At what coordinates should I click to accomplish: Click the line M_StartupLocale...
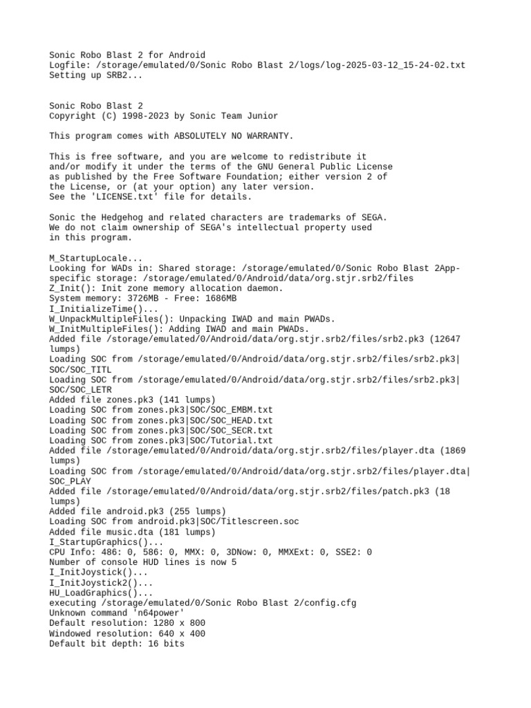[x=97, y=257]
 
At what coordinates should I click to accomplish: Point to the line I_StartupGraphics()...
[x=105, y=542]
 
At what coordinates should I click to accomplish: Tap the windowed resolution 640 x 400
[x=183, y=633]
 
